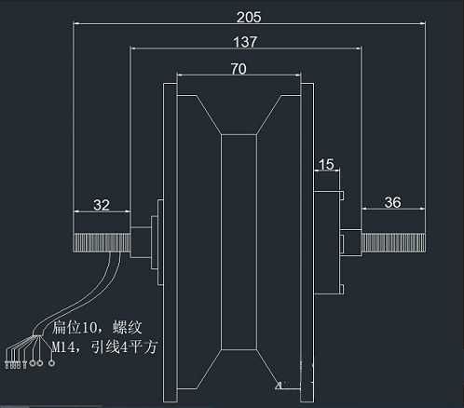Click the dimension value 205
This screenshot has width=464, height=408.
tap(249, 17)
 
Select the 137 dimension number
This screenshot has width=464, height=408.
tap(245, 42)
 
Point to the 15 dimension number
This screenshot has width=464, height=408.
tap(326, 165)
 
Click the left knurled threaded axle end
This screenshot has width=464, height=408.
tap(101, 242)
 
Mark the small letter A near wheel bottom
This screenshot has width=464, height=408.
tap(278, 382)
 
